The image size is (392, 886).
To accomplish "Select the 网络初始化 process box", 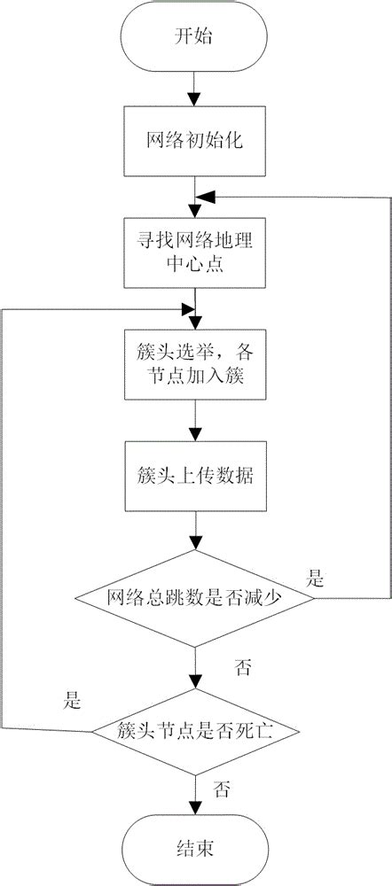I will [194, 142].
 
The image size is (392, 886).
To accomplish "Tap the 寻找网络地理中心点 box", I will [194, 251].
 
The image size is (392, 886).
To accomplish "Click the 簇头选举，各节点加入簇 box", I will [194, 363].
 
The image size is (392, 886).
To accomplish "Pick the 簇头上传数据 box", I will [194, 475].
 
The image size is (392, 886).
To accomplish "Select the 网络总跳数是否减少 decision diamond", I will [194, 599].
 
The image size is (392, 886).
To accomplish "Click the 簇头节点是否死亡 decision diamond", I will [194, 732].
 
